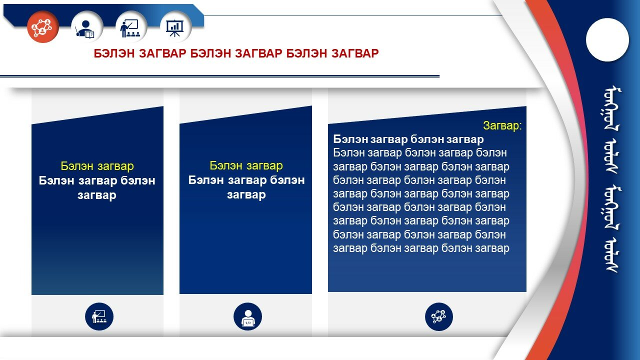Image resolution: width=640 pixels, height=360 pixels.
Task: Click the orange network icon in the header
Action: point(43,27)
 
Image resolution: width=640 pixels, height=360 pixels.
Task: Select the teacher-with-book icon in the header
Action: point(87,27)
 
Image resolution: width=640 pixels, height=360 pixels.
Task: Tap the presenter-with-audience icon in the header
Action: point(131,27)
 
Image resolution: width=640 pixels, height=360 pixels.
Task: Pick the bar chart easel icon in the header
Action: point(175,27)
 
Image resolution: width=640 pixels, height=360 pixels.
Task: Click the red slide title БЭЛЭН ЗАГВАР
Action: point(236,53)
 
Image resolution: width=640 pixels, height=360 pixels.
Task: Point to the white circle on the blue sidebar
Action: point(607,39)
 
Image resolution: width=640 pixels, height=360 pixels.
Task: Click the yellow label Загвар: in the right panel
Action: point(502,125)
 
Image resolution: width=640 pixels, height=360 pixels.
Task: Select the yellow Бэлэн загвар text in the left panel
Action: point(97,166)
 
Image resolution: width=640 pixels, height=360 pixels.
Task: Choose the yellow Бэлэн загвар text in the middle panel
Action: point(246,165)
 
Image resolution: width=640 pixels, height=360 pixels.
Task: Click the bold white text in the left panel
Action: point(97,187)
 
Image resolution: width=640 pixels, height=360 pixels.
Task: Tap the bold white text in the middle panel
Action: point(246,187)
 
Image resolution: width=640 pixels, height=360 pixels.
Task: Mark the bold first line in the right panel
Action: point(408,139)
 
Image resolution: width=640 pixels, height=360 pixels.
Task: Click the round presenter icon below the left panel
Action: point(99,316)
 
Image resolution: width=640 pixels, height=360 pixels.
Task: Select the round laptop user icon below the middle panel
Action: point(247,316)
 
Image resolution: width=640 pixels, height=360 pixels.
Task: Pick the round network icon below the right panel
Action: point(439,316)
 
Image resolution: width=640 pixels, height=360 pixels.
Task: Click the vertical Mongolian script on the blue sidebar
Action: point(612,180)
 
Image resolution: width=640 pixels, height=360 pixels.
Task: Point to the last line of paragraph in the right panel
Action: point(421,248)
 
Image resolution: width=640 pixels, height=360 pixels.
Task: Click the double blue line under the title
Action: point(219,76)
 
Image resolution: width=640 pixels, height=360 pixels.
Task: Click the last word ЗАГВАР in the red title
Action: point(355,53)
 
